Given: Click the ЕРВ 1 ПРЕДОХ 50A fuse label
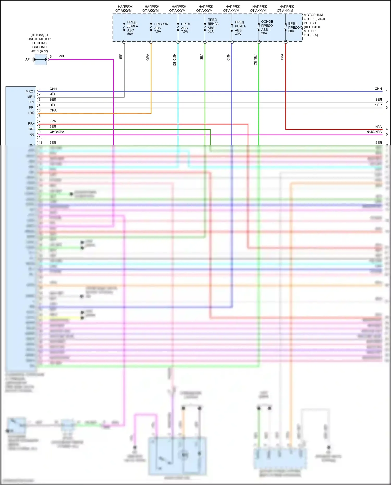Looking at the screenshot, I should click(295, 27).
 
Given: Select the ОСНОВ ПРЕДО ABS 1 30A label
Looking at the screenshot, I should click(267, 27).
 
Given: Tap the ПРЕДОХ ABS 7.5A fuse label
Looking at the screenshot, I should click(161, 28).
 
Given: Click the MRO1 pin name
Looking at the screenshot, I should click(30, 91).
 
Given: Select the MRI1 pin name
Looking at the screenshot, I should click(31, 97).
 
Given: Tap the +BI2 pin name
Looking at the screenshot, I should click(31, 113).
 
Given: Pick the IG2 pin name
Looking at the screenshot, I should click(32, 134).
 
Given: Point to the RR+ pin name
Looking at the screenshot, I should click(31, 124).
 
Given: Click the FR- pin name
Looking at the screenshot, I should click(32, 108).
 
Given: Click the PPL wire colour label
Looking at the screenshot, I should click(62, 56).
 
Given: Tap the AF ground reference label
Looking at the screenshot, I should click(27, 60).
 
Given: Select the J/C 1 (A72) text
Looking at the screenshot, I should click(39, 51).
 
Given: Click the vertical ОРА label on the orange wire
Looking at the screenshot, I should click(148, 57).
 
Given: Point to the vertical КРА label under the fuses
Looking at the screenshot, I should click(282, 57).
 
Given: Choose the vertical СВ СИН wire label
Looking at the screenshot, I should click(174, 60).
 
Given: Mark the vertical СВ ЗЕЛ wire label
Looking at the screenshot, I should click(255, 60).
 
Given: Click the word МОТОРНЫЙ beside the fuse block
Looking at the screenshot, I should click(313, 15).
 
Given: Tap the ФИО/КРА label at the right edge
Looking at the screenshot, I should click(374, 132).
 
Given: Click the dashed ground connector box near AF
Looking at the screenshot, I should click(41, 60).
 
